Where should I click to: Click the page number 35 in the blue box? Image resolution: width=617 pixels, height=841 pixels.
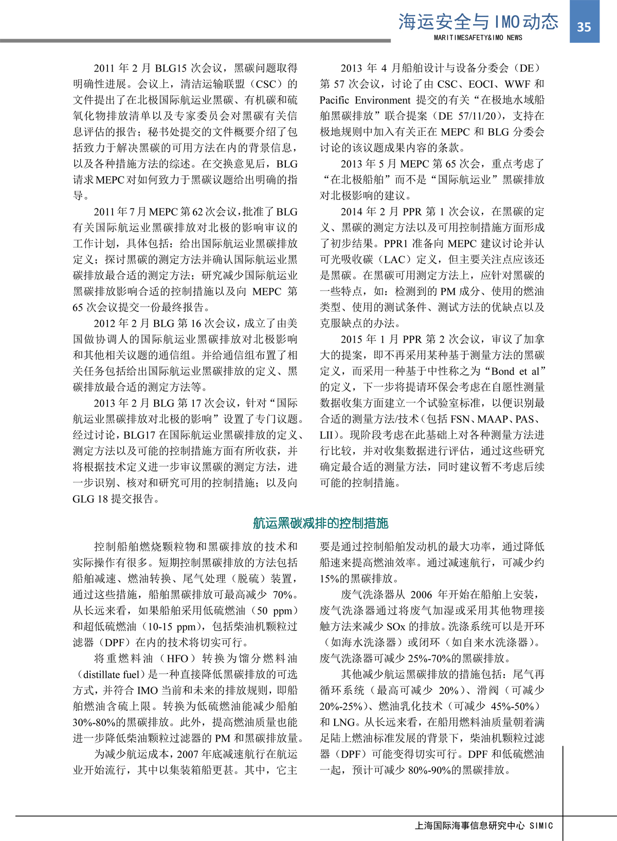pos(584,27)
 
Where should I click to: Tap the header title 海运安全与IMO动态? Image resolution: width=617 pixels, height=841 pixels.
pos(478,22)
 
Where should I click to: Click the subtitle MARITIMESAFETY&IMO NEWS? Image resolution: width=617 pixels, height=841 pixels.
pos(478,38)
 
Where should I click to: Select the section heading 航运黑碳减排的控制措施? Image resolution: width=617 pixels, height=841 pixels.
pos(320,523)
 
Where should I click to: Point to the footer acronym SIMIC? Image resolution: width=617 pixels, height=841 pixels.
pos(541,826)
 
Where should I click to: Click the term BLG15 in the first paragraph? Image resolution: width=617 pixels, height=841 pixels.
pos(171,68)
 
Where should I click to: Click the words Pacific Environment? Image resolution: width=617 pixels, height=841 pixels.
pos(365,100)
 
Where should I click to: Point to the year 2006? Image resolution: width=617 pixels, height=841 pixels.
pos(421,594)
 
